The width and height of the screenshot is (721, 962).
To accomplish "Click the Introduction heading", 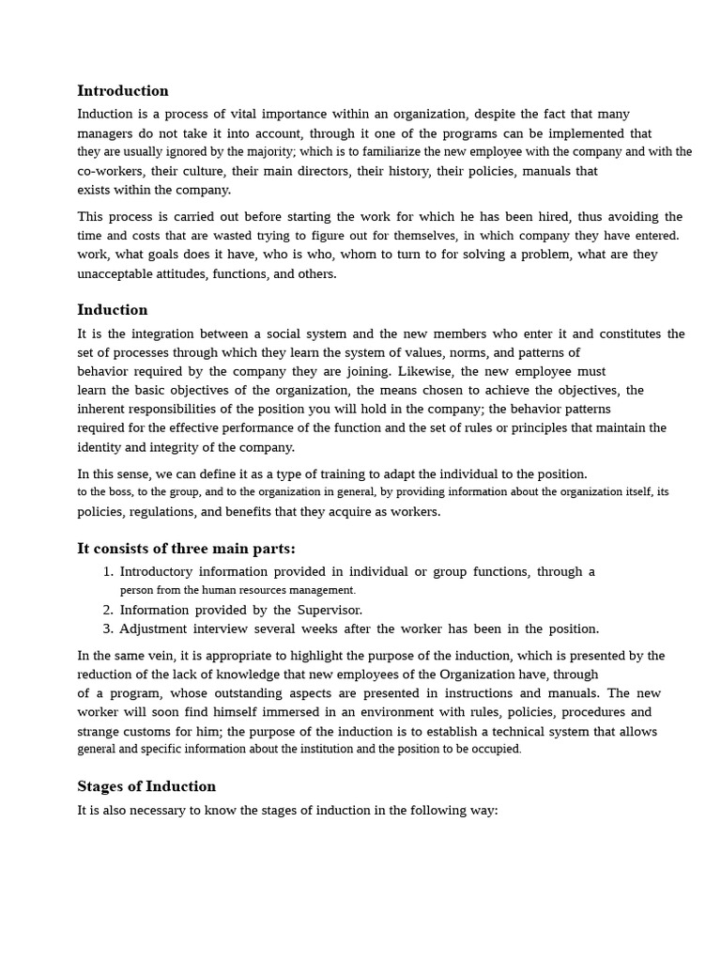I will point(123,91).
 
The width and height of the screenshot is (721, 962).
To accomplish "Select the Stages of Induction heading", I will point(146,786).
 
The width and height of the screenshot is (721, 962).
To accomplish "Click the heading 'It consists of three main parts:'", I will point(186,549).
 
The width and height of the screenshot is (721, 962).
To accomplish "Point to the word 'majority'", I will point(248,151).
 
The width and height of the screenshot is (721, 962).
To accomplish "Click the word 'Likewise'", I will point(426,371).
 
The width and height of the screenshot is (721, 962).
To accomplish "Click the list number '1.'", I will point(108,571).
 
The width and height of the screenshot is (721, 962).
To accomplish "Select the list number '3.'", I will point(108,628).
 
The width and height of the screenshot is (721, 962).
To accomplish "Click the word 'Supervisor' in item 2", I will point(329,610).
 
